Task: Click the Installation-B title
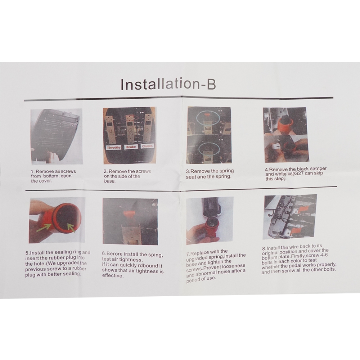pyautogui.click(x=168, y=84)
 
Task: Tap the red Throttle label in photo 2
pyautogui.click(x=114, y=147)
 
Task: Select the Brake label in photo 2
pyautogui.click(x=131, y=147)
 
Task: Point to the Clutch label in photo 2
pyautogui.click(x=147, y=146)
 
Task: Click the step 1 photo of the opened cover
pyautogui.click(x=57, y=136)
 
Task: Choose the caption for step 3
pyautogui.click(x=210, y=174)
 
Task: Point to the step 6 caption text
pyautogui.click(x=133, y=265)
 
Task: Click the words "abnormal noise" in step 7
pyautogui.click(x=209, y=273)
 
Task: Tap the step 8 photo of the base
pyautogui.click(x=291, y=217)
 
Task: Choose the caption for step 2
pyautogui.click(x=127, y=176)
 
